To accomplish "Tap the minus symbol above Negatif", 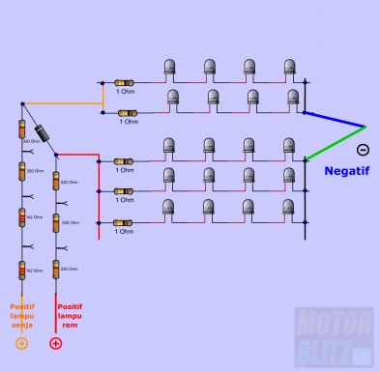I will coord(363,149).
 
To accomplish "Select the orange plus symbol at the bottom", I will coord(21,343).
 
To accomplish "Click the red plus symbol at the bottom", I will coord(56,343).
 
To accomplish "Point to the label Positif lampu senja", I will coord(22,315).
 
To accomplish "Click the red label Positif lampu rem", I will coord(69,315).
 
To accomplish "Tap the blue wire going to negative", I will coord(336,120).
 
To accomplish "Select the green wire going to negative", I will coord(336,142).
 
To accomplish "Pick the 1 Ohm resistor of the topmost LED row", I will coord(124,83).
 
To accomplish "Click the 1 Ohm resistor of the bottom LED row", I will coord(124,222).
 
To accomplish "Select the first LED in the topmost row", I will coord(169,68).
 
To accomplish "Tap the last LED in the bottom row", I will coord(288,209).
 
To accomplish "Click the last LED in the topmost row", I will coord(289,68).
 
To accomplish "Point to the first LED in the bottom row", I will coord(169,209).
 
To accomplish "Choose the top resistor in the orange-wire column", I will coord(21,129).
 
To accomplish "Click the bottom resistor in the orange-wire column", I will coord(21,271).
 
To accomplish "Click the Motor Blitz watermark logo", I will coord(333,337).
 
